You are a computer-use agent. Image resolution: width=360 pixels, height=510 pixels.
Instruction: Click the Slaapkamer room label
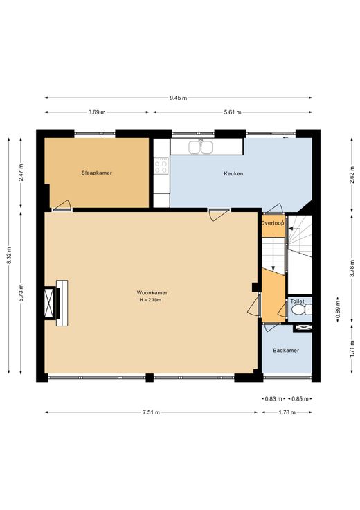(x=96, y=173)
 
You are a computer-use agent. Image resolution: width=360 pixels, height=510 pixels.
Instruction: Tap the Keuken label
(x=233, y=173)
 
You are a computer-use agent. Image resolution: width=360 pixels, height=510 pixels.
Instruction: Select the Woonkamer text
(x=152, y=292)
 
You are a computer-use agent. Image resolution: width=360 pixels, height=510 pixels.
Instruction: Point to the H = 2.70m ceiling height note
(x=150, y=300)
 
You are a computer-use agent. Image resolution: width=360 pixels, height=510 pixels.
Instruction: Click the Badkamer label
(x=286, y=351)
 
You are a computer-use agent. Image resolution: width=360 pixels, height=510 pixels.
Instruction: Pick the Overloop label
(x=273, y=223)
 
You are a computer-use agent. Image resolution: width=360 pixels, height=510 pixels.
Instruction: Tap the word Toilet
(x=297, y=301)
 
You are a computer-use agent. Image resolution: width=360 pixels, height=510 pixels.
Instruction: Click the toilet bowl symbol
(x=301, y=309)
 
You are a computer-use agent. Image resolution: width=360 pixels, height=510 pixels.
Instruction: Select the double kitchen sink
(x=201, y=146)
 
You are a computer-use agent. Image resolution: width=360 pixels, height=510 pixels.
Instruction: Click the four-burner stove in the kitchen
(x=161, y=166)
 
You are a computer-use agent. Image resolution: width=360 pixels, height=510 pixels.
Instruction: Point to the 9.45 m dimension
(x=178, y=98)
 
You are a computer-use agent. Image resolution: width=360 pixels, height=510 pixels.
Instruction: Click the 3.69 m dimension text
(x=96, y=112)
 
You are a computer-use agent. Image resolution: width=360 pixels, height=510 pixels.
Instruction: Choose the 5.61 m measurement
(x=233, y=112)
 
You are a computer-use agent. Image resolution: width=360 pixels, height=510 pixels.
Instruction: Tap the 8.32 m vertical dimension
(x=9, y=256)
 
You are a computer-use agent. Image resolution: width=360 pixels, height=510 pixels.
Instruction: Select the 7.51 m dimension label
(x=151, y=412)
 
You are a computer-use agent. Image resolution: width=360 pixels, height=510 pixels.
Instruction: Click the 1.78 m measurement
(x=287, y=412)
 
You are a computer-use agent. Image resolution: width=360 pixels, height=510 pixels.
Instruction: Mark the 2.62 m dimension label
(x=352, y=175)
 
